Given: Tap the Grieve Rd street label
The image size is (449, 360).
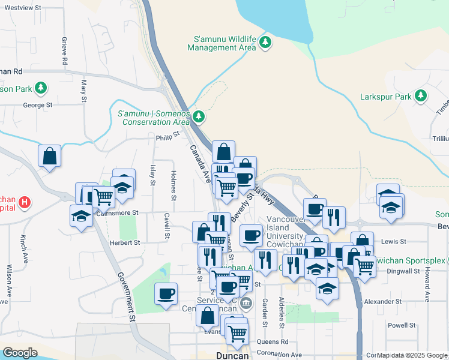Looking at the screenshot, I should (x=64, y=50).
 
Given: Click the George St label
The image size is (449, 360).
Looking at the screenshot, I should (x=38, y=105).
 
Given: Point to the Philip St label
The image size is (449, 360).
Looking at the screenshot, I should (x=167, y=136).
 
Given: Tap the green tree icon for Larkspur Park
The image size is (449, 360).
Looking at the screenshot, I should (x=421, y=95).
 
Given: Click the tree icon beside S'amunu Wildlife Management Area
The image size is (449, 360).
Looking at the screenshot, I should (x=265, y=42).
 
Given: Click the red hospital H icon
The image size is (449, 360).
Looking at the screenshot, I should (x=25, y=202).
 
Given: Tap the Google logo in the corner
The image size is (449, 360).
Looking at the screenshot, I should (x=20, y=352).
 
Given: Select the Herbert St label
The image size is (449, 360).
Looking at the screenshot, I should (x=124, y=243).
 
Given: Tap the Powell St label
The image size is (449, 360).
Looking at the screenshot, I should (x=402, y=325).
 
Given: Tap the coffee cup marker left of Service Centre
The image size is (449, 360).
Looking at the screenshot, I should (x=166, y=294).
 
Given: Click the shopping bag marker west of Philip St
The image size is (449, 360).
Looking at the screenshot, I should (x=49, y=156).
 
